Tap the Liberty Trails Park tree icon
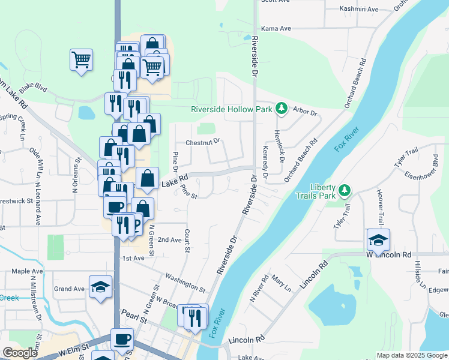[344, 191]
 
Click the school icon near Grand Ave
[100, 287]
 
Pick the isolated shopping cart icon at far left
[81, 59]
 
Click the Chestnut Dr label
[203, 142]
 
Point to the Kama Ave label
[276, 28]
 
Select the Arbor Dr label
[304, 111]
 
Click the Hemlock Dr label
[280, 145]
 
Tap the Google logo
[20, 353]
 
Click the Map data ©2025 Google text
[412, 355]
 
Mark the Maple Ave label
[27, 271]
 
